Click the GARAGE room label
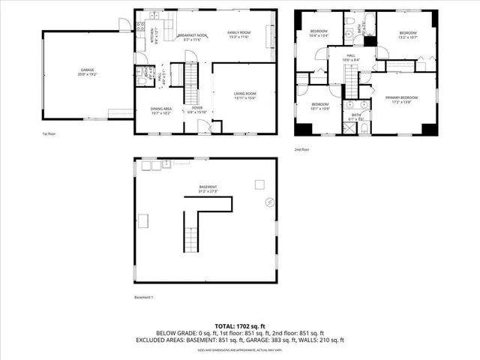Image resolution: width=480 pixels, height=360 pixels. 83,70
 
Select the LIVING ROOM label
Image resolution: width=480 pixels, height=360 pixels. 245,92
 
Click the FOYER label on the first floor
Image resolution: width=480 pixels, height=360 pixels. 197,108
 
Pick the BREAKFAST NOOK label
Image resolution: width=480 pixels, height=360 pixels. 193,34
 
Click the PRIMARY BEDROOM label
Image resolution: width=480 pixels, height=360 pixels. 401,97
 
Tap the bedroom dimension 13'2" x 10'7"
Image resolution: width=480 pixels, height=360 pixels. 408,37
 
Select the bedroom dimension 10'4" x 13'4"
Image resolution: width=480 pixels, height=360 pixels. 319,35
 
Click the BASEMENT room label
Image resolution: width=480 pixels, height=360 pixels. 208,187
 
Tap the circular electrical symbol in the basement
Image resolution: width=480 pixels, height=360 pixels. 270,201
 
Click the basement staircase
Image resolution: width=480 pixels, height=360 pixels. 193,232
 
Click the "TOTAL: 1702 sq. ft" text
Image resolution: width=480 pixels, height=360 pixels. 239,325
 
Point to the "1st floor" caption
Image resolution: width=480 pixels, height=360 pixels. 49,135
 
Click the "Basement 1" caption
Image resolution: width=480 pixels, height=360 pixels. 143,298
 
